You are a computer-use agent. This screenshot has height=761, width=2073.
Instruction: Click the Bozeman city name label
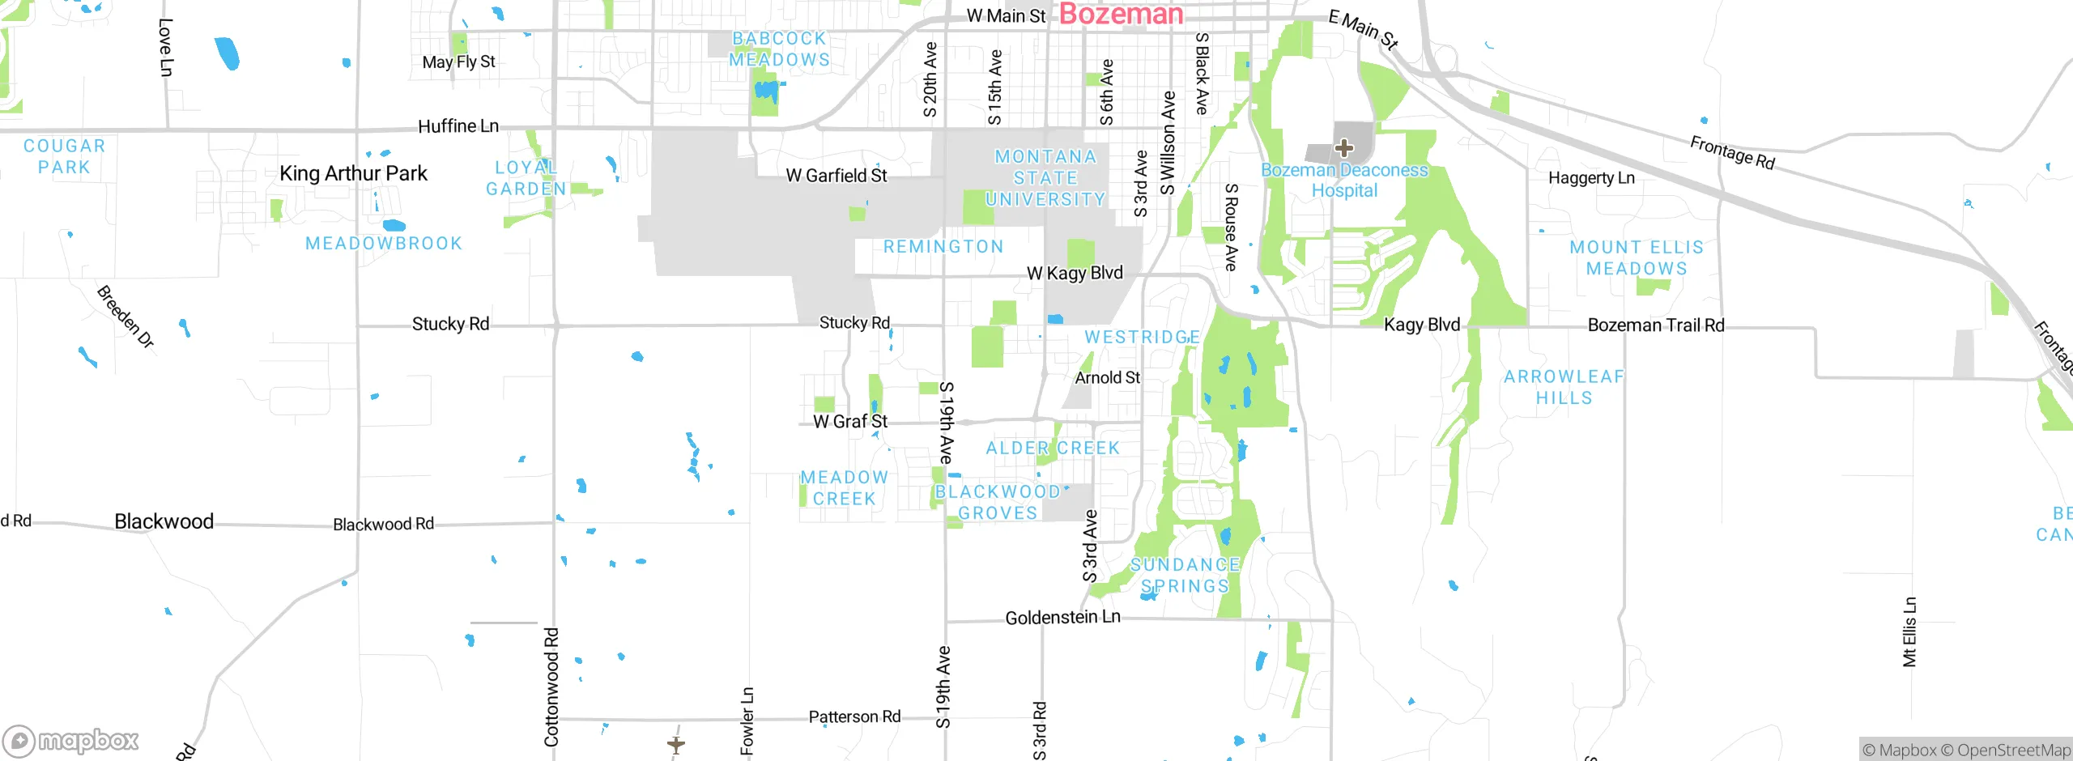[1121, 14]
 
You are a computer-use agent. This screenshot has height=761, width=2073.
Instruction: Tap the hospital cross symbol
[1344, 148]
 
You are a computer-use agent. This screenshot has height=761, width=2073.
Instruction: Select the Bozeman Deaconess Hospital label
[1344, 181]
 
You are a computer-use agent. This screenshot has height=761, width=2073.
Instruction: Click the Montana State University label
[1045, 178]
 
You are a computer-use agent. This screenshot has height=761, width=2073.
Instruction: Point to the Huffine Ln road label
[458, 126]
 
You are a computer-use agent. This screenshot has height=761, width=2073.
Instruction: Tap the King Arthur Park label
[353, 173]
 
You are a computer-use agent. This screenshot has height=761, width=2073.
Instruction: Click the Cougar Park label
[64, 156]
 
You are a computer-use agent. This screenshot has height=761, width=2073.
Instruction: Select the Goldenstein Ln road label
[1062, 618]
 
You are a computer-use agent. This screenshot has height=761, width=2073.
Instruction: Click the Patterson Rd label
[854, 717]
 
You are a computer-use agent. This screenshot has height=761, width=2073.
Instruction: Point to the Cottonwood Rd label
[551, 687]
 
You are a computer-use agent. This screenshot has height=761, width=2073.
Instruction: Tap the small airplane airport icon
[676, 743]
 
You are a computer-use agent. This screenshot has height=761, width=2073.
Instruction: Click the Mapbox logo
[71, 741]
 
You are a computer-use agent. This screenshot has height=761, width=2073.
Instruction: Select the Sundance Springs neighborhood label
[1185, 576]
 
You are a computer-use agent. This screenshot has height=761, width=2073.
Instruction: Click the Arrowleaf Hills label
[1564, 387]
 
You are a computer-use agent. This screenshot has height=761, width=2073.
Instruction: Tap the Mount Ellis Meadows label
[1637, 257]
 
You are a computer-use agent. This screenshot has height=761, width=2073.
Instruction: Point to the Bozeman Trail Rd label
[1656, 325]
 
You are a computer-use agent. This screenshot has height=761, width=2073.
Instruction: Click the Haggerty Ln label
[1591, 178]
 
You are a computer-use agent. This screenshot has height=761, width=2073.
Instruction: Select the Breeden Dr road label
[126, 317]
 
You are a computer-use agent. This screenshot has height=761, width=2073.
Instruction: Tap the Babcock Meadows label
[779, 49]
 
